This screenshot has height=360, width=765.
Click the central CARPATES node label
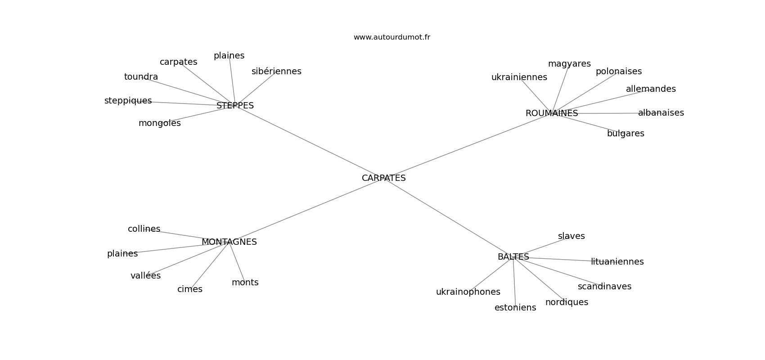point(383,178)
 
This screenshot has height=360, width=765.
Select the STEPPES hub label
point(235,106)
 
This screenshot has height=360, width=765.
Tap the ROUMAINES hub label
point(551,113)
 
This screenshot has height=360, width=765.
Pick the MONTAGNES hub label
point(229,242)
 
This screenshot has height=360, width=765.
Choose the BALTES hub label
point(513,257)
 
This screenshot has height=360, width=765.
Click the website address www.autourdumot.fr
point(391,37)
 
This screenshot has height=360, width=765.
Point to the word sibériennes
point(276,72)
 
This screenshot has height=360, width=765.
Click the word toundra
point(141,77)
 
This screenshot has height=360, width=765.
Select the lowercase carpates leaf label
point(178,62)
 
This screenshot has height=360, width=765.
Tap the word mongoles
point(159,123)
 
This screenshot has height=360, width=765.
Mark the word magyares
point(569,64)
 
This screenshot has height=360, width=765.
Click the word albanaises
point(661,113)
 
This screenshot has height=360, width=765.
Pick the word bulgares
point(625,134)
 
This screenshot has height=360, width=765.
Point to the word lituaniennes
point(617,262)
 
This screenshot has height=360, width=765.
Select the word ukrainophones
point(468,292)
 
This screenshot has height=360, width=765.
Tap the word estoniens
point(515,308)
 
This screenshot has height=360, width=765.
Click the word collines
point(144,229)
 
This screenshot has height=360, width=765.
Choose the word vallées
point(145,276)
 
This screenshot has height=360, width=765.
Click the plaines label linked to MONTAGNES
point(122,254)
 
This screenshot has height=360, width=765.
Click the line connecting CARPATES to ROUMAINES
point(468,145)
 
